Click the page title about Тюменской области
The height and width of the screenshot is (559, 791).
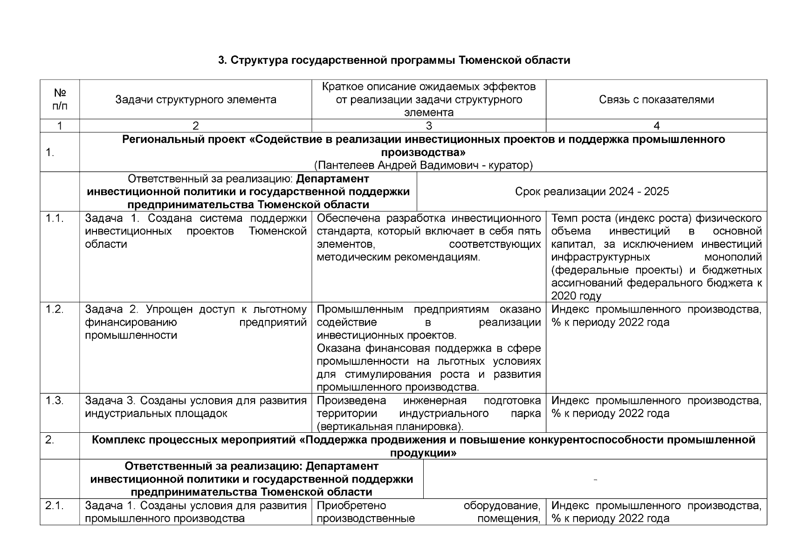[x=394, y=61]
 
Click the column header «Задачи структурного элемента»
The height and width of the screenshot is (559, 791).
[x=196, y=100]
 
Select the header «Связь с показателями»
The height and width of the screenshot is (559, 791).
[x=656, y=100]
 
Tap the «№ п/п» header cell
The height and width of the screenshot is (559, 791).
[x=60, y=99]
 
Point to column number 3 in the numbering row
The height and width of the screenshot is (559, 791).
[x=429, y=126]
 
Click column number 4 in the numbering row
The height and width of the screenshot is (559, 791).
[x=656, y=126]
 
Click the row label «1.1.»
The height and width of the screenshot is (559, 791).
[x=54, y=218]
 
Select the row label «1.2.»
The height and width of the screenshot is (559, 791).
[x=54, y=309]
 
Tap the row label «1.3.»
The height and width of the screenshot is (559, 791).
[x=54, y=401]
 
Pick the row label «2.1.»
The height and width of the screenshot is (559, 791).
[x=54, y=506]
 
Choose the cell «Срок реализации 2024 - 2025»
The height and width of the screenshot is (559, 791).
[x=592, y=191]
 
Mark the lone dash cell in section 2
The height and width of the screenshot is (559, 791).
[x=595, y=479]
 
